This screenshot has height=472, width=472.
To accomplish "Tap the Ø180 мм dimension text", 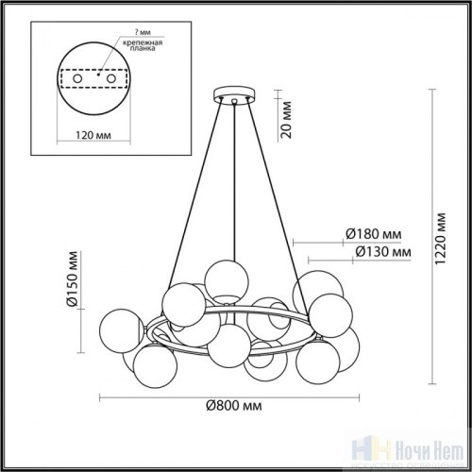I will tap(372, 234).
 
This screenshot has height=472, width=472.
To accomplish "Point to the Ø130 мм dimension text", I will tap(382, 252).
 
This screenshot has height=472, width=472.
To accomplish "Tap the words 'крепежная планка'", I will tap(137, 49).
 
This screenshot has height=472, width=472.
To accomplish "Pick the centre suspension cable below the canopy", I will tap(233, 189).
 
